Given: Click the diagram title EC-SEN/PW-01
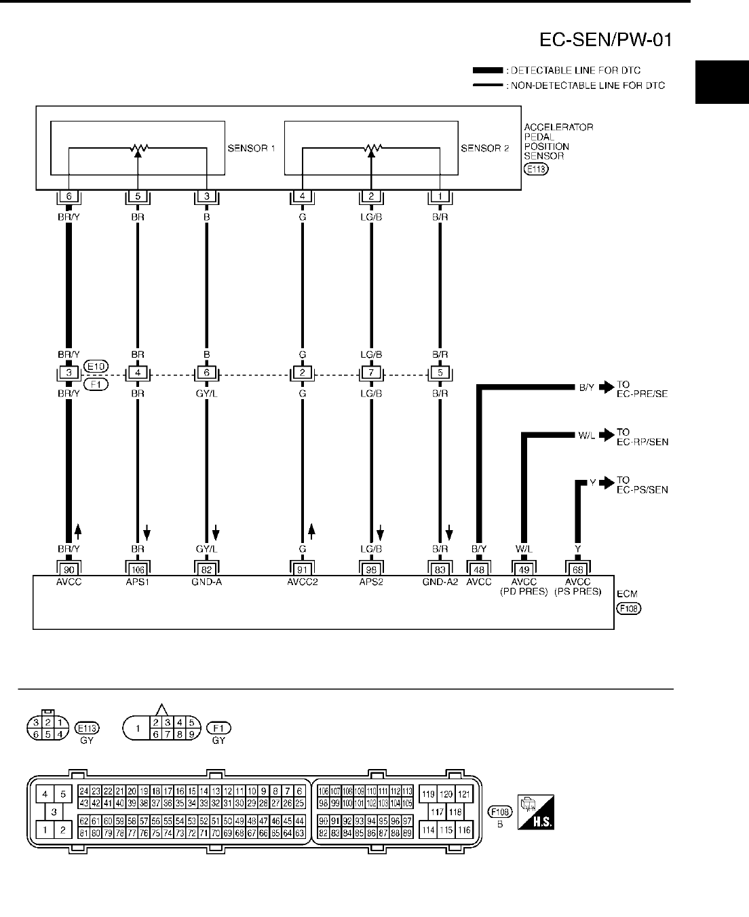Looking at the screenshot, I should (x=605, y=41).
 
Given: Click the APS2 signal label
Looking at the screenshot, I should (x=371, y=582).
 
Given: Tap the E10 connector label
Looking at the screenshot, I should (x=94, y=367).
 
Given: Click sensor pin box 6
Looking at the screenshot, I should (x=69, y=197).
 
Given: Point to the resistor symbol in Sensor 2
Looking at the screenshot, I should (x=371, y=147).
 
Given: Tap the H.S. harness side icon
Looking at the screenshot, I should (x=535, y=812).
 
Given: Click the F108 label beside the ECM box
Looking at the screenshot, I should (x=628, y=608).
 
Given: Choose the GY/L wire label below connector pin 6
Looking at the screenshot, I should (x=206, y=393).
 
